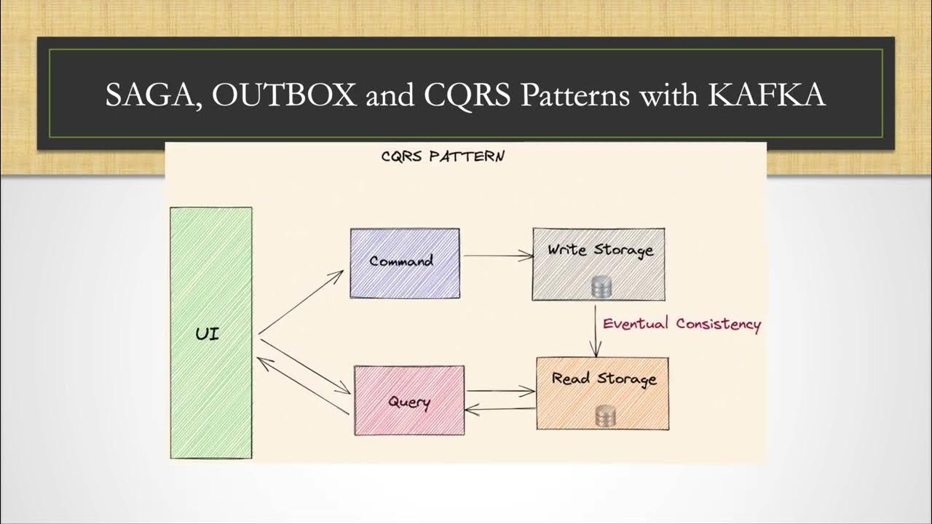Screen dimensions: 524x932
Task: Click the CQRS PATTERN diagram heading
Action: click(x=443, y=156)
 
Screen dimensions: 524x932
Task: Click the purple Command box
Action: click(x=405, y=280)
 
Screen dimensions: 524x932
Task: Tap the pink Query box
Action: click(x=409, y=418)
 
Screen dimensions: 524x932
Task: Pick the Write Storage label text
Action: click(x=600, y=250)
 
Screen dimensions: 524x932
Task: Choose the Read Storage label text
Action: click(x=604, y=378)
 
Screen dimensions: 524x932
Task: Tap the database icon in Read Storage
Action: click(x=605, y=416)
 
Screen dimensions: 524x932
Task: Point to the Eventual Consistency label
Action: click(x=682, y=324)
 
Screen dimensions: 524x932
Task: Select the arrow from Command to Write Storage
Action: click(x=499, y=255)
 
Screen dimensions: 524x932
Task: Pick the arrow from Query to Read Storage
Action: click(x=500, y=392)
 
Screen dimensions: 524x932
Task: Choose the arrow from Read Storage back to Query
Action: click(x=500, y=410)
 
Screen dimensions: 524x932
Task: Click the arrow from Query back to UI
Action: click(x=302, y=386)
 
